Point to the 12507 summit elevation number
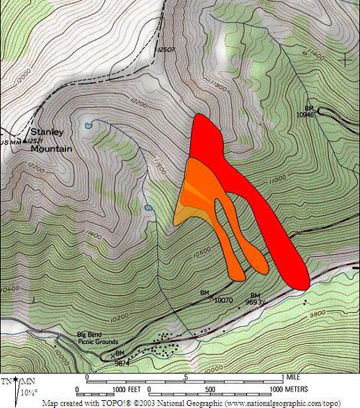tap(166, 49)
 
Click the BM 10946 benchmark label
tap(305, 110)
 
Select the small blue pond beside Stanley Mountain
tap(88, 124)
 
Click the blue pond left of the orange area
tap(148, 208)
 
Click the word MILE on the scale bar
tap(292, 376)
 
